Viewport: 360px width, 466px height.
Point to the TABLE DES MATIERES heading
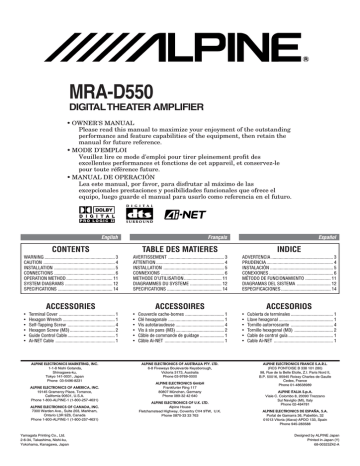point(179,247)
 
